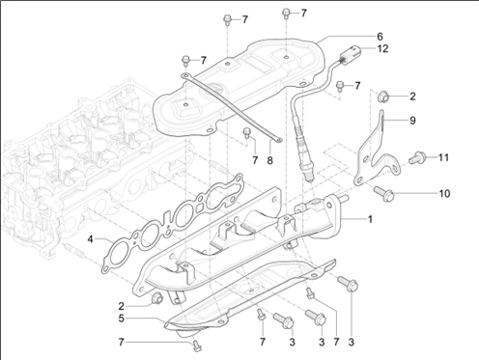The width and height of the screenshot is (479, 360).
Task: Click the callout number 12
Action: (x=382, y=49)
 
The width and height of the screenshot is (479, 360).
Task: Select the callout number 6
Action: (x=380, y=37)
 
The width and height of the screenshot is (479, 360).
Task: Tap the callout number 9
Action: (x=412, y=121)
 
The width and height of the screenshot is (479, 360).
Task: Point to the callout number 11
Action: (x=443, y=157)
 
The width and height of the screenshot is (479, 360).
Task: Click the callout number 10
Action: (x=444, y=193)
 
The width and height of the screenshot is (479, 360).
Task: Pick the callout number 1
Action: (x=370, y=219)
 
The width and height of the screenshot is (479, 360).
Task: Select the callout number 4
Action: (x=91, y=239)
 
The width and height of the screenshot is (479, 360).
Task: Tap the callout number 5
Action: (x=121, y=318)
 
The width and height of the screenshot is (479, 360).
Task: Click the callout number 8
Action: (x=269, y=160)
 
